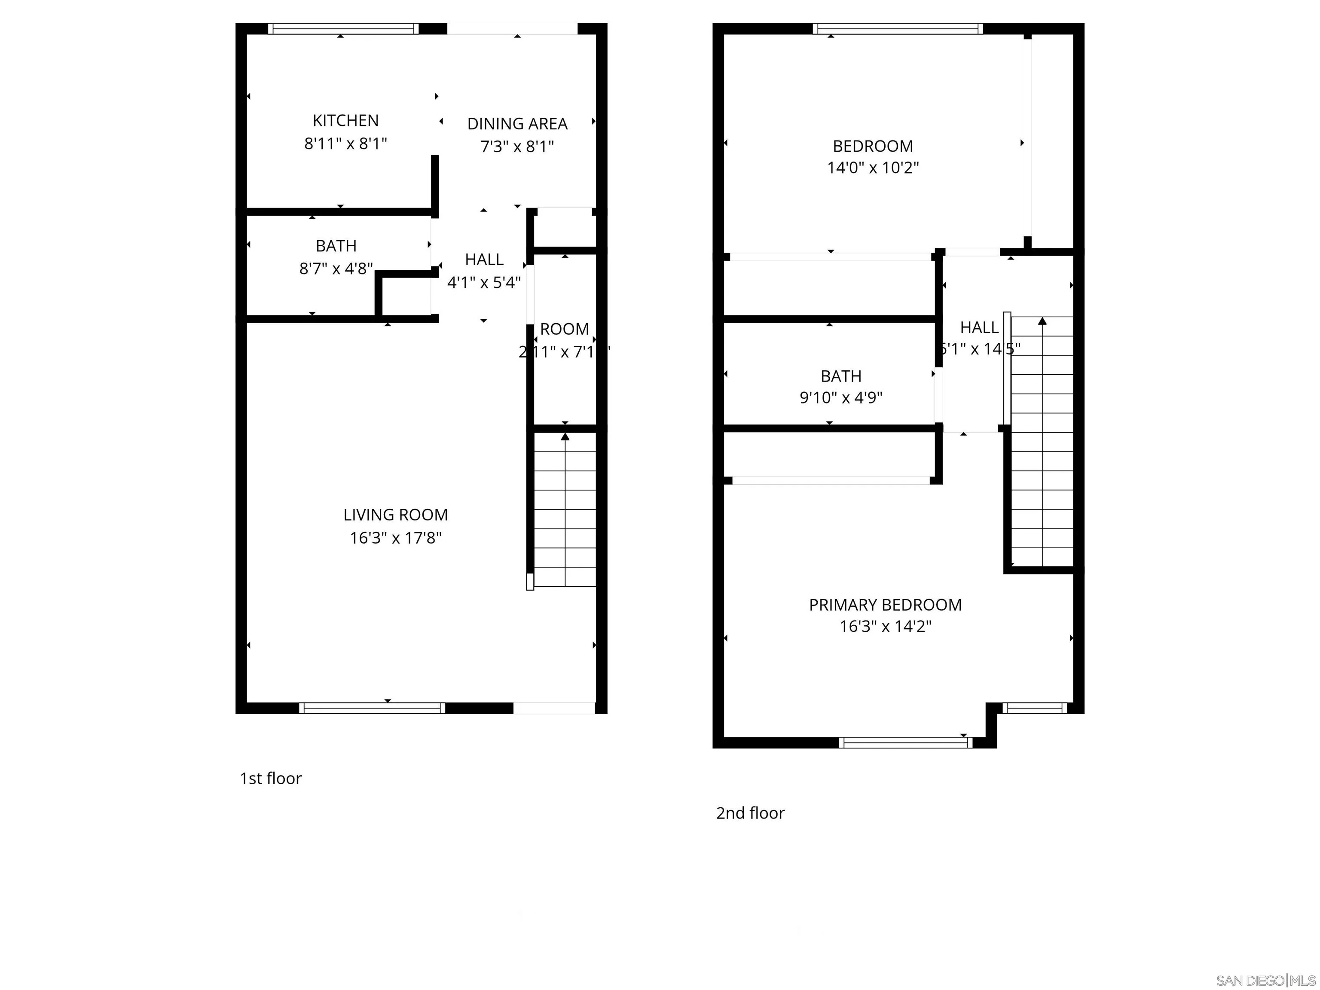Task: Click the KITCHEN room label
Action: (x=345, y=121)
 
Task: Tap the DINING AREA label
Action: (x=517, y=124)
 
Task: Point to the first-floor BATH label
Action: (x=336, y=246)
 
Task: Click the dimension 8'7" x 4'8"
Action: (x=336, y=269)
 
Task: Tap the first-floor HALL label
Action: (x=484, y=260)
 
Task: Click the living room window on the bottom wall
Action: (x=372, y=708)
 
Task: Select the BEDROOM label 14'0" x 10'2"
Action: (x=872, y=156)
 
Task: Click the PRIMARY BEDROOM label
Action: (x=885, y=605)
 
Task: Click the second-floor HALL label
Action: (x=979, y=327)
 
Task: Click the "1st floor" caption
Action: (x=270, y=778)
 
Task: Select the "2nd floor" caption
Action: (x=750, y=813)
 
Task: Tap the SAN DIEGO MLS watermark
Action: (x=1265, y=981)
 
